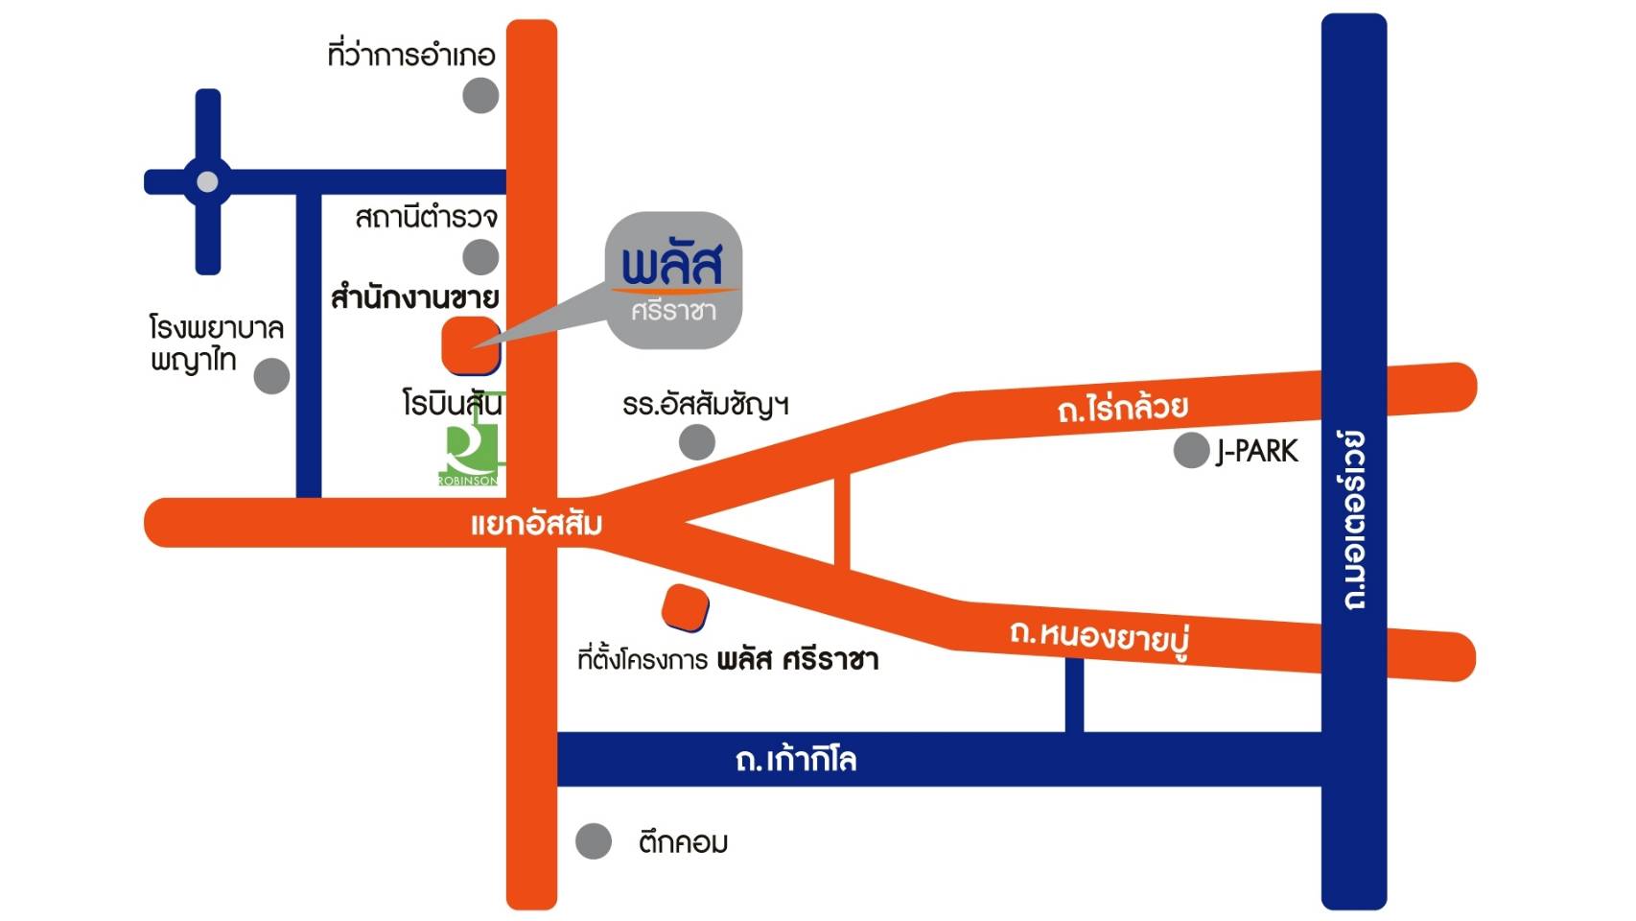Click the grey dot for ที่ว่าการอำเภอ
click(480, 96)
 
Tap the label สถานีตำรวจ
click(427, 217)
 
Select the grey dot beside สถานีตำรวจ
click(480, 257)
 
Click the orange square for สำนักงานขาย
click(471, 345)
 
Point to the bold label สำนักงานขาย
click(415, 296)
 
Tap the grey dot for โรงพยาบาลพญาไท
click(271, 376)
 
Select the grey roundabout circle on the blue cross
click(207, 181)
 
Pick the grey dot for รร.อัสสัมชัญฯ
click(697, 442)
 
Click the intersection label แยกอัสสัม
click(536, 524)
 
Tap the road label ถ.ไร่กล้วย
click(1123, 409)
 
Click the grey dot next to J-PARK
click(1191, 450)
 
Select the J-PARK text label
click(1257, 452)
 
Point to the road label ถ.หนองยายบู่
click(1101, 637)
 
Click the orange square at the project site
click(685, 607)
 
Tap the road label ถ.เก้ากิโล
click(796, 760)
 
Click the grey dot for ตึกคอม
click(594, 841)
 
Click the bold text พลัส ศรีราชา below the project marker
click(798, 660)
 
